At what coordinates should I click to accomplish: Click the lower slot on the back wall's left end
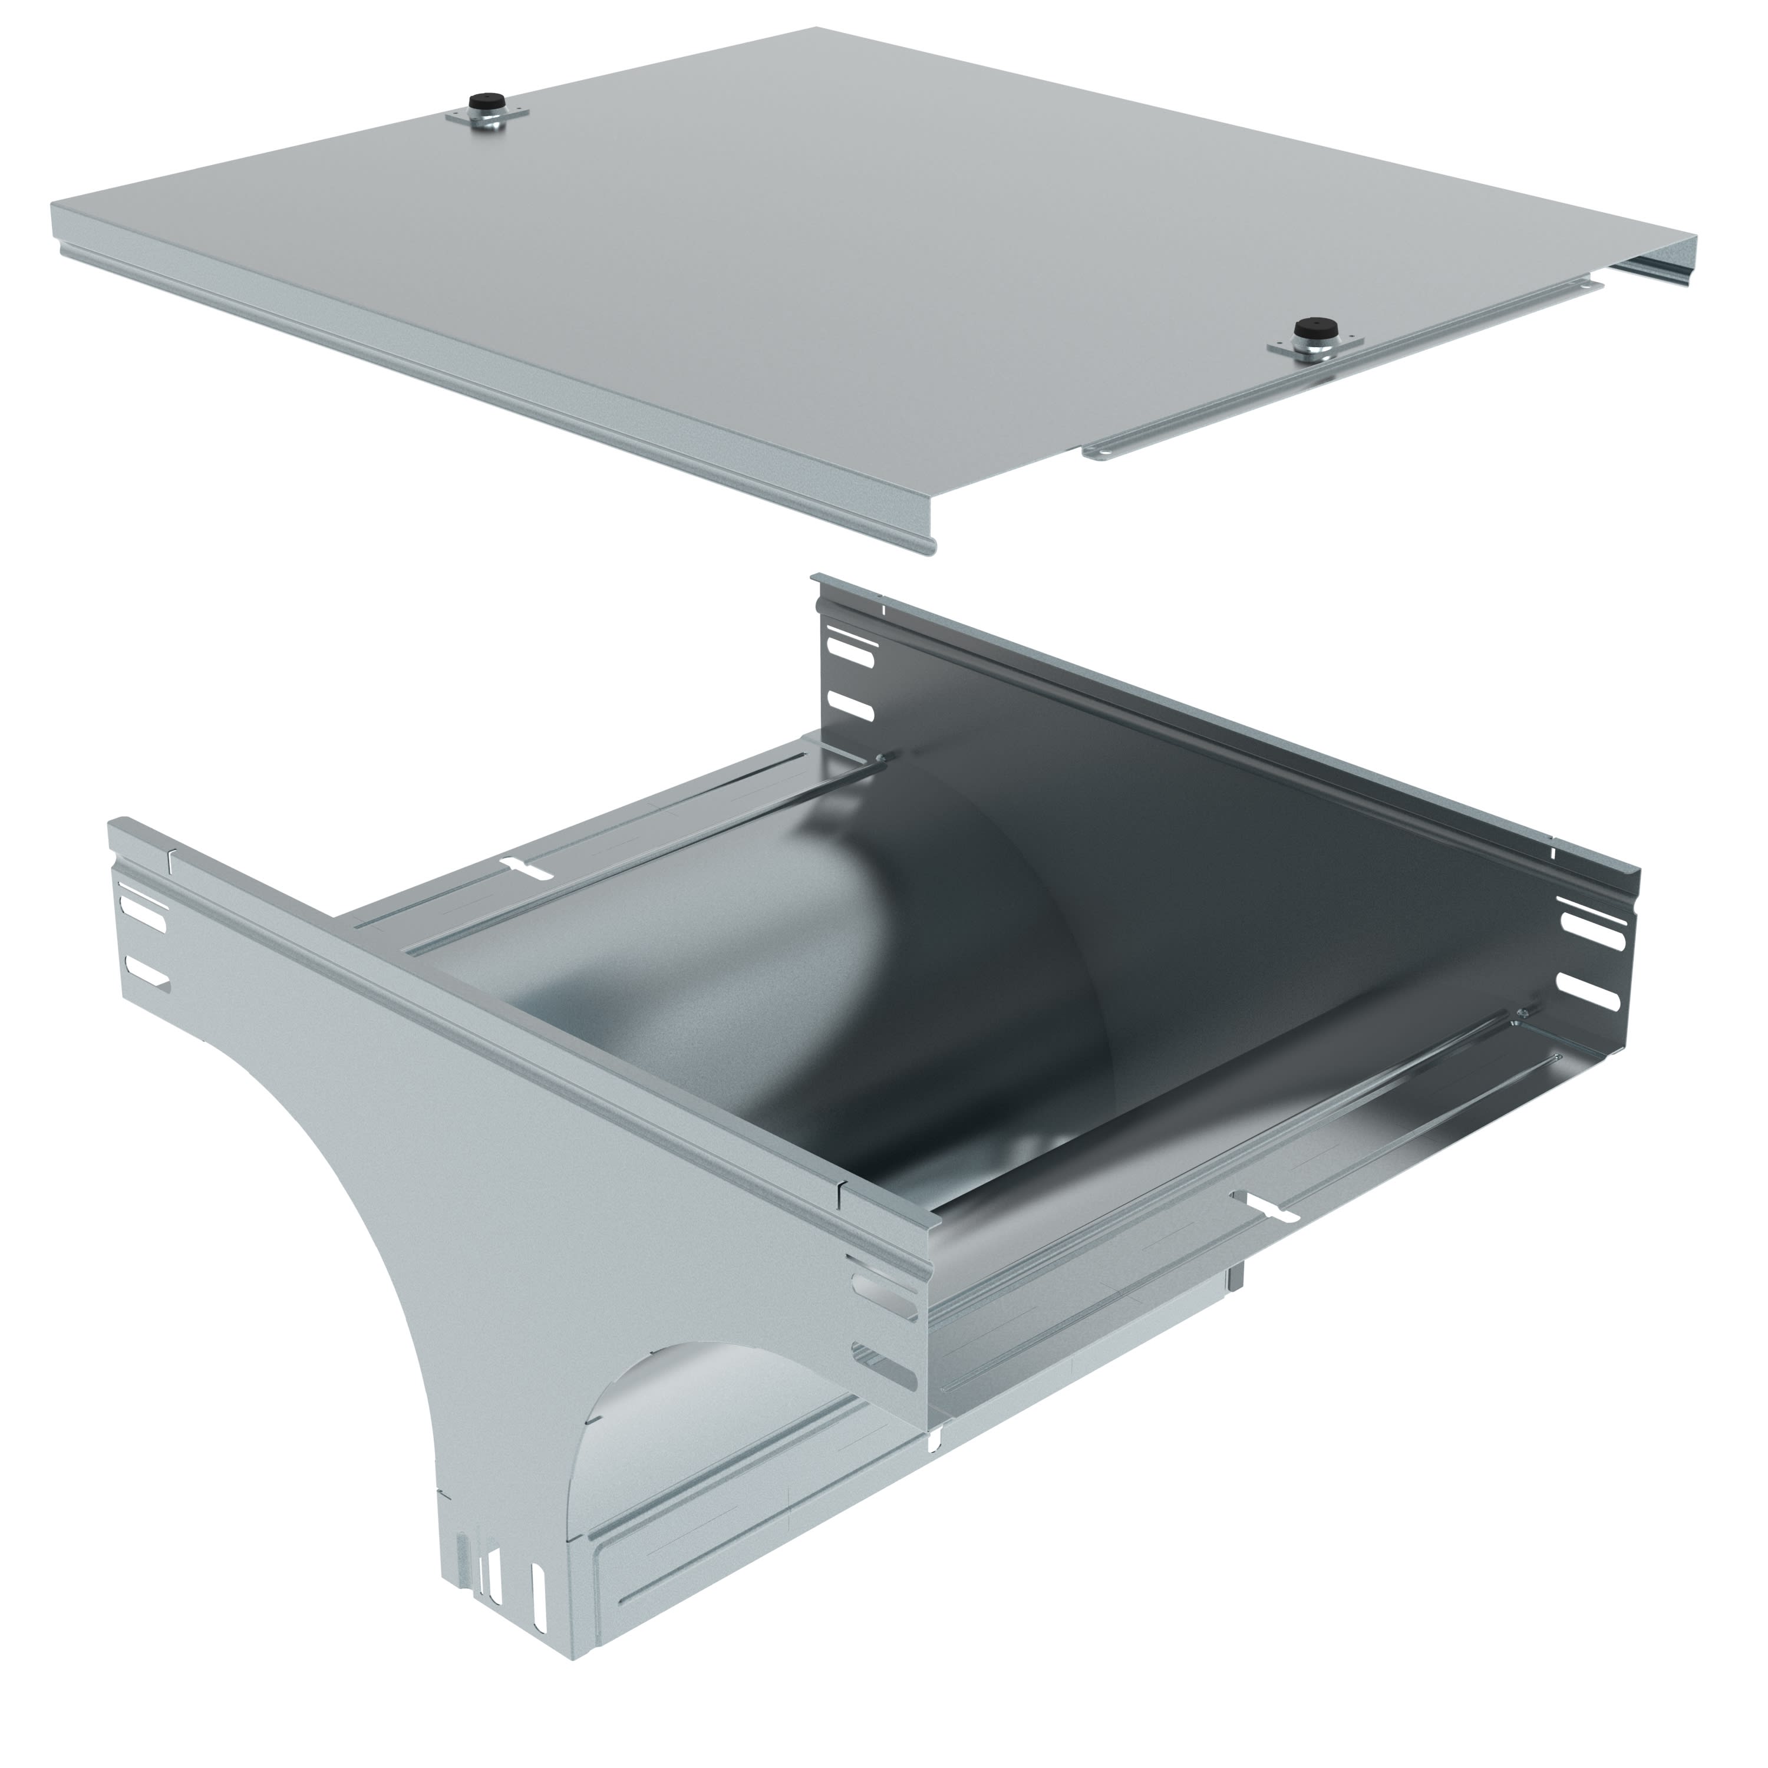pos(851,705)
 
